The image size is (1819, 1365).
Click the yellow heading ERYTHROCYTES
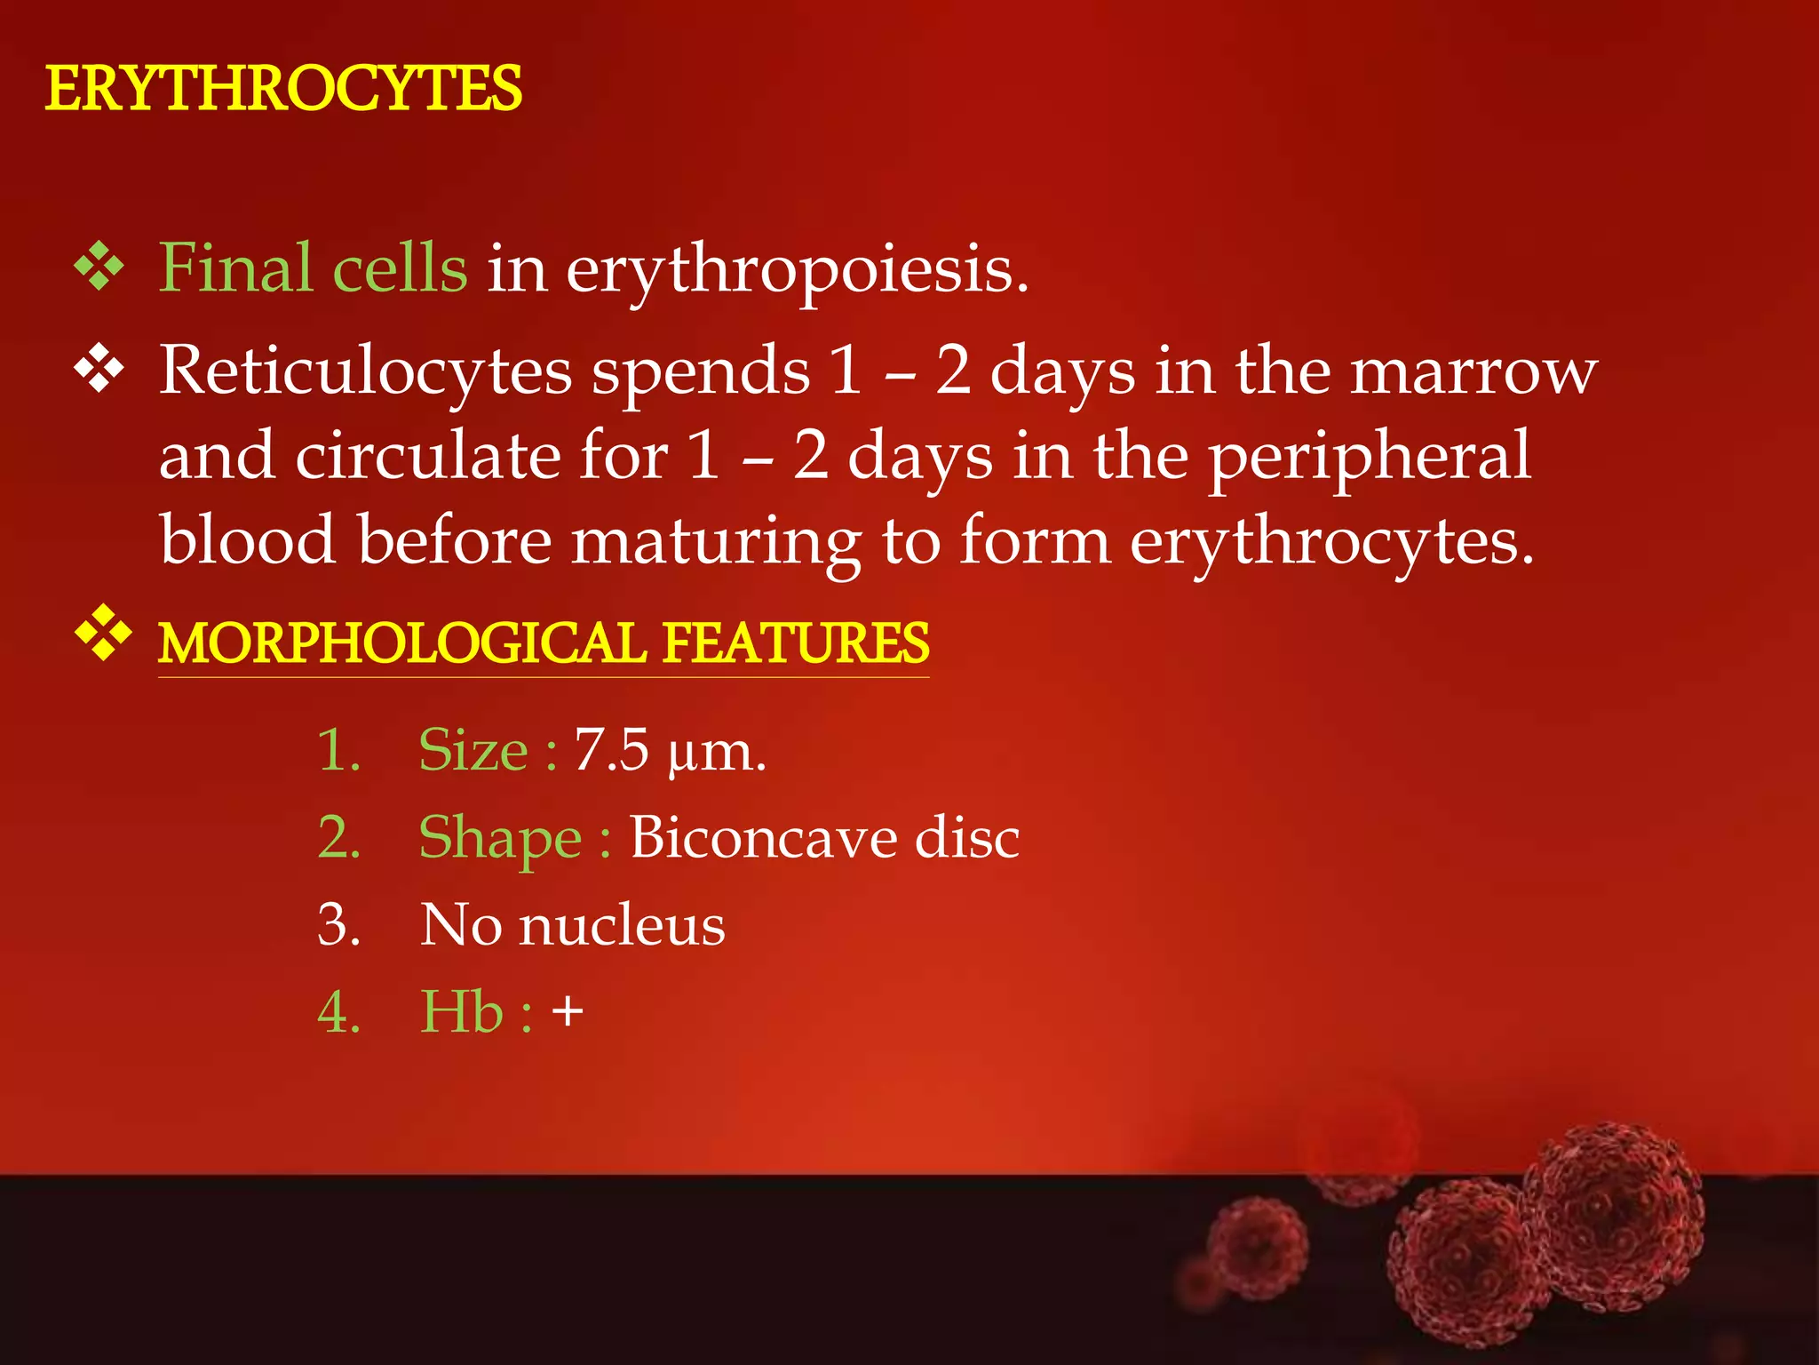(283, 90)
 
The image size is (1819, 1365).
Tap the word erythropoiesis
(797, 270)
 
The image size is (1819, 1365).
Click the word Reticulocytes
(365, 371)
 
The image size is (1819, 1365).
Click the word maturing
(715, 543)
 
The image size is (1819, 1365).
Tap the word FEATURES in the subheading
(796, 643)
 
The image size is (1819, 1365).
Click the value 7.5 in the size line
(611, 750)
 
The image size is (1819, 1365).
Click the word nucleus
(622, 925)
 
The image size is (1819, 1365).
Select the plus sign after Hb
(568, 1012)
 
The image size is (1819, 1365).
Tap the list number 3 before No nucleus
(338, 925)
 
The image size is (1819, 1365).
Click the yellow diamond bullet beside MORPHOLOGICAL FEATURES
(103, 633)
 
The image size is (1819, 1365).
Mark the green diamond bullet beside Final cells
(99, 266)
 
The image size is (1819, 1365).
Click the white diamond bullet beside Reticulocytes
(99, 368)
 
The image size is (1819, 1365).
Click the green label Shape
(500, 839)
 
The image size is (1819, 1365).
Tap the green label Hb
(461, 1012)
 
